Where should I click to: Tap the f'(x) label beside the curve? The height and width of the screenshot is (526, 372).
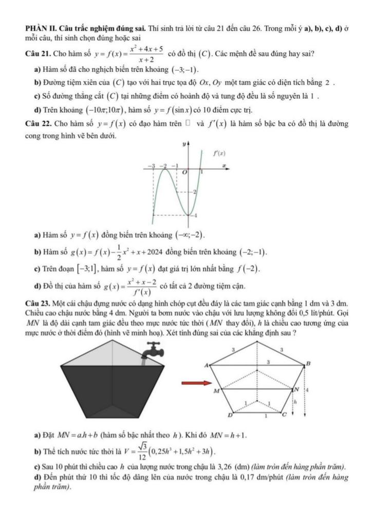220,154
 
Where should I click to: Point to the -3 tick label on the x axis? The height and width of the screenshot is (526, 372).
152,166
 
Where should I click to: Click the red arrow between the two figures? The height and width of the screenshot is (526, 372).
197,383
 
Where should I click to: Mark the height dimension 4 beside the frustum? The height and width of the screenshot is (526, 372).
307,390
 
